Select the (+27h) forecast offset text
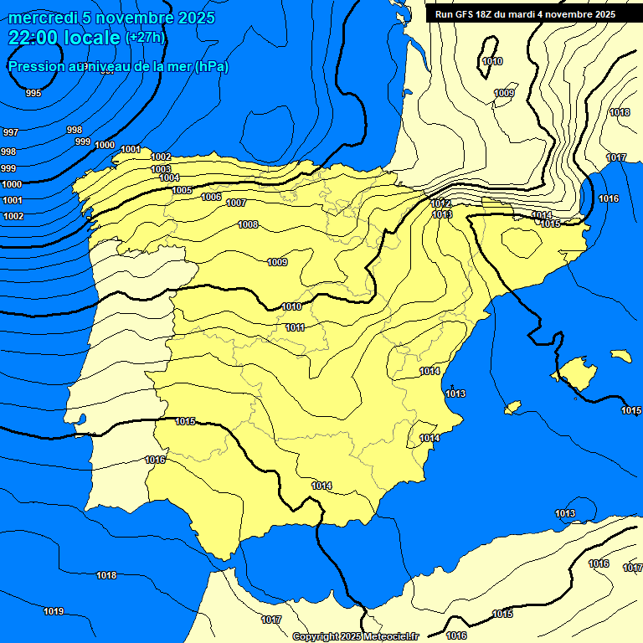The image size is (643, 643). pyautogui.click(x=145, y=38)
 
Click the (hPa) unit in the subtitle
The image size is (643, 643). pyautogui.click(x=211, y=66)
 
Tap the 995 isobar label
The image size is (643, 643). pyautogui.click(x=33, y=93)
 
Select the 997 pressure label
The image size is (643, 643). pyautogui.click(x=11, y=132)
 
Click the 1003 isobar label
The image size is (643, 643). pyautogui.click(x=161, y=169)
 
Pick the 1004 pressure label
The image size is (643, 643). pyautogui.click(x=169, y=177)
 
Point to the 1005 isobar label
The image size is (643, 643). pyautogui.click(x=182, y=190)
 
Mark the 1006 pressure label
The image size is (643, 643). pyautogui.click(x=211, y=197)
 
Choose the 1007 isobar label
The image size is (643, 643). pyautogui.click(x=236, y=203)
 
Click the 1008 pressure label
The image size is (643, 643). pyautogui.click(x=248, y=224)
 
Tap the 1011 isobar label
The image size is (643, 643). pyautogui.click(x=295, y=327)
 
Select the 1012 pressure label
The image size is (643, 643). pyautogui.click(x=441, y=203)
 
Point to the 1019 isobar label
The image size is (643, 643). pyautogui.click(x=54, y=611)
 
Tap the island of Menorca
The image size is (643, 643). pyautogui.click(x=620, y=356)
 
